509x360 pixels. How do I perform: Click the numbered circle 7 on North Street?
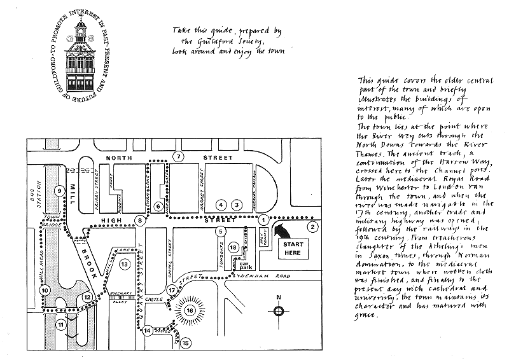coord(180,156)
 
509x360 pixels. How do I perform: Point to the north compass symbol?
coord(279,310)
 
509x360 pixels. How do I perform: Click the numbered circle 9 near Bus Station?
coord(59,190)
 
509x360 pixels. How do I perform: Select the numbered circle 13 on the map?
coord(125,263)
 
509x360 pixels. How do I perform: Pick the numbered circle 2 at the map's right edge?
coord(312,226)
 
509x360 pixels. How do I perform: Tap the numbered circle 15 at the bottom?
coord(185,343)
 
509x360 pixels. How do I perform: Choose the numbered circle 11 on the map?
coord(61,324)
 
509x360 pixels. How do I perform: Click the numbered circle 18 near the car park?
coord(234,247)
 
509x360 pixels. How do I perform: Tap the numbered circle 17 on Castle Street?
coord(171,290)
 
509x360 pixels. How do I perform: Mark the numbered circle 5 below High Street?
coord(221,231)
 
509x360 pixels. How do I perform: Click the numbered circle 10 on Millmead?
coord(45,290)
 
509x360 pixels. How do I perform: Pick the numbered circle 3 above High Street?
coord(236,205)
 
